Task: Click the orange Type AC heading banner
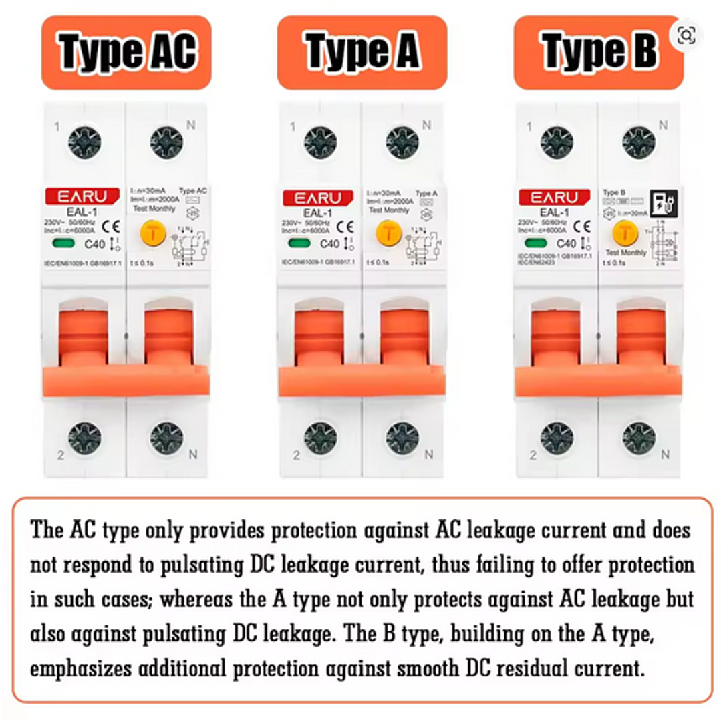(126, 52)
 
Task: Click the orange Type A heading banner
(362, 52)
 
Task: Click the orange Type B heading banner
(598, 52)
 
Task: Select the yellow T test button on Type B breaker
(625, 233)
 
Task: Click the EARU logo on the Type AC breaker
(82, 197)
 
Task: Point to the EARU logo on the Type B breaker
(554, 197)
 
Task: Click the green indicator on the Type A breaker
(299, 243)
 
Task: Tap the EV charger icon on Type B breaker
(663, 203)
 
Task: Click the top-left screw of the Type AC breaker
(85, 142)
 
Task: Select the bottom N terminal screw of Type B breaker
(638, 438)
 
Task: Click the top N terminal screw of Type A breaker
(402, 142)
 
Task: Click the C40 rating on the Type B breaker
(565, 244)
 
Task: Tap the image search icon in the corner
(686, 35)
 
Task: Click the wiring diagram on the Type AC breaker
(190, 243)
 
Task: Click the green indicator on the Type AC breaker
(62, 243)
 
